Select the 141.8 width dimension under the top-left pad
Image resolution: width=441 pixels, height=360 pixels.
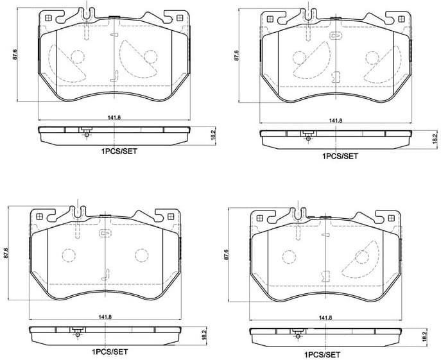[x=114, y=116]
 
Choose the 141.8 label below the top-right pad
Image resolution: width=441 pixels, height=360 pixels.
[x=336, y=121]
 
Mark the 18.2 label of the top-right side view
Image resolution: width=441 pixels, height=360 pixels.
[x=434, y=137]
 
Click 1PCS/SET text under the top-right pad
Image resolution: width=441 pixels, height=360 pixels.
[x=340, y=156]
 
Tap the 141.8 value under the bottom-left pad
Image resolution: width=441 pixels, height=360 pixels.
[x=105, y=316]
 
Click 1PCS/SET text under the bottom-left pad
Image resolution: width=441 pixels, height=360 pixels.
[x=110, y=352]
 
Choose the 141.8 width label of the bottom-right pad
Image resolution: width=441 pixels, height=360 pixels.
[x=325, y=317]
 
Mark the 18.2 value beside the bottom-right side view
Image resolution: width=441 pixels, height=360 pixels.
[x=424, y=334]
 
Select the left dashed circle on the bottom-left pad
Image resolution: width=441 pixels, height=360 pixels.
[x=68, y=255]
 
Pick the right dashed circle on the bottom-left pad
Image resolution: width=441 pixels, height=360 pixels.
[x=141, y=255]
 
